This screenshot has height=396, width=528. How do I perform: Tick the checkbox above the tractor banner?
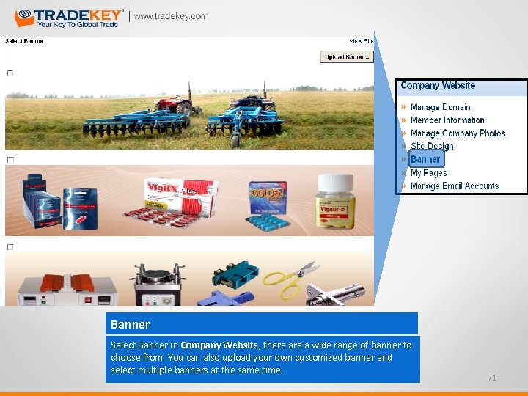(10, 73)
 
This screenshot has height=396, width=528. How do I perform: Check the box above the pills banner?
(10, 160)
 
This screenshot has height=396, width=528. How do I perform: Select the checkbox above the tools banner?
(10, 247)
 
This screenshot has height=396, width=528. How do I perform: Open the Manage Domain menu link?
(440, 107)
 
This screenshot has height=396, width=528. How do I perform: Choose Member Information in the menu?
(447, 120)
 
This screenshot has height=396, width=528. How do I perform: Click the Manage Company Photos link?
(458, 133)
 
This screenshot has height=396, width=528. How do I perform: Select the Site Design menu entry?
(432, 147)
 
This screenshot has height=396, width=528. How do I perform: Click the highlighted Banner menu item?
(425, 159)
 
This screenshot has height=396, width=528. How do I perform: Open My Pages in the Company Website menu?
(428, 173)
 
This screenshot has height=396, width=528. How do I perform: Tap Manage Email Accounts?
(455, 186)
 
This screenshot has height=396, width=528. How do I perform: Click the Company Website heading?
(438, 86)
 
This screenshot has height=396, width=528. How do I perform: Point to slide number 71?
(492, 378)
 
